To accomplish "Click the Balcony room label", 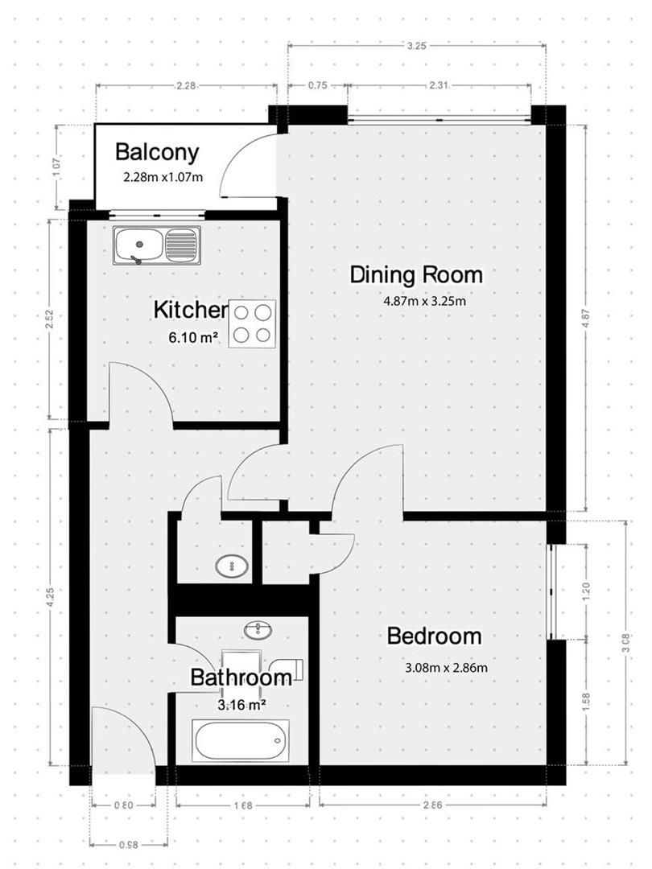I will tap(156, 152).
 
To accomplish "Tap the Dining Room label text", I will tap(416, 275).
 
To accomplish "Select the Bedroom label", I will tap(434, 636).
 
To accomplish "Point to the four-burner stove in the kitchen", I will tap(252, 323).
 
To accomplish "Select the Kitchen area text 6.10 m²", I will tap(193, 338).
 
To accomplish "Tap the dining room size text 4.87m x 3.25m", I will tap(426, 303).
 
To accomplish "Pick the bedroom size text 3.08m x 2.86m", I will tap(446, 667).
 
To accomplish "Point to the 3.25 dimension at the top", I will tap(416, 46).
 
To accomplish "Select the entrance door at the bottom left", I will tap(122, 740).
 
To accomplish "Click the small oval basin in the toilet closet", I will tap(232, 566).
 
